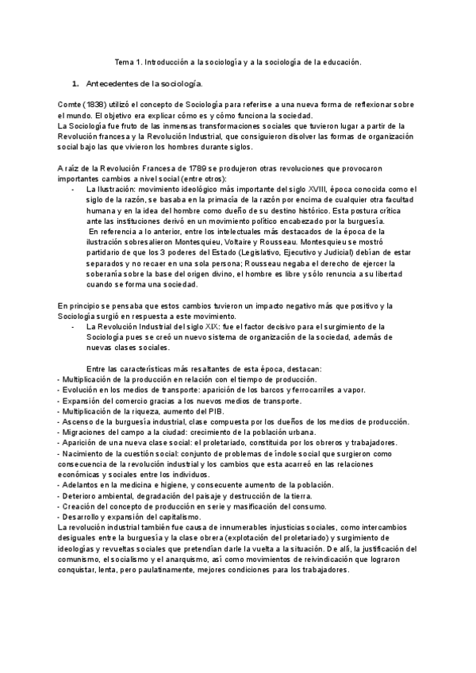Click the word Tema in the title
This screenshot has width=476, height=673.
pyautogui.click(x=126, y=62)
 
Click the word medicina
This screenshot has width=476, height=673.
pyautogui.click(x=123, y=484)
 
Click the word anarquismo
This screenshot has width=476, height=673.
pyautogui.click(x=186, y=558)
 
